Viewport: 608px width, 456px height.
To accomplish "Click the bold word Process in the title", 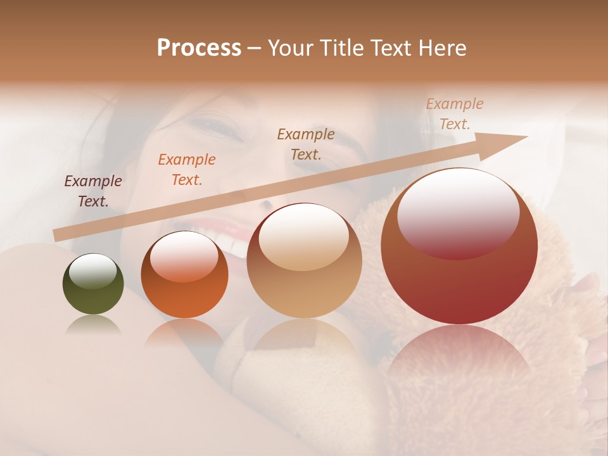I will [x=199, y=48].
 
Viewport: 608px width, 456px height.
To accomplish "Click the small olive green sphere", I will [x=93, y=284].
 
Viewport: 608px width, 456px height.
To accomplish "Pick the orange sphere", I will [x=184, y=275].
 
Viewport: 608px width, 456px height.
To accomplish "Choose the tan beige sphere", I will [x=304, y=261].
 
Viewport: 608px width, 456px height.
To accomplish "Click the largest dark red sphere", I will [x=459, y=247].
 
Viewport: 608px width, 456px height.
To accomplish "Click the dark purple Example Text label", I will [x=93, y=191].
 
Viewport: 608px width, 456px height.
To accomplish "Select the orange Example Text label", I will [x=187, y=170].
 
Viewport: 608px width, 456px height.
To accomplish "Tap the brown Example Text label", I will [x=306, y=144].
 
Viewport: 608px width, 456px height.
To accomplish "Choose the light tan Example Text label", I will [x=454, y=114].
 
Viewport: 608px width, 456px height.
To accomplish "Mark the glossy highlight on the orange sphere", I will [x=184, y=256].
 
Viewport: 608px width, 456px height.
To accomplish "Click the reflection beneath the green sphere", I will [x=93, y=326].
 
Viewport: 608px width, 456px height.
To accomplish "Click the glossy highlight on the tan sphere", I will [x=304, y=237].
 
